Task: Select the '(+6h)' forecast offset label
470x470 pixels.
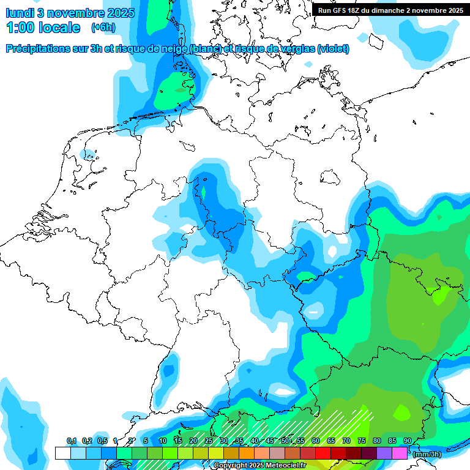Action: pyautogui.click(x=103, y=28)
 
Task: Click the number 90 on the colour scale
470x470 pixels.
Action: pyautogui.click(x=408, y=441)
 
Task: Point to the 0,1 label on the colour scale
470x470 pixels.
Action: pyautogui.click(x=71, y=441)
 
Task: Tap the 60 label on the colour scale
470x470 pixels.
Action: pyautogui.click(x=316, y=441)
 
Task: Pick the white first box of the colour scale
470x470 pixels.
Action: pyautogui.click(x=62, y=453)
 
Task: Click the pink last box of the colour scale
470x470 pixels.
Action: pyautogui.click(x=400, y=453)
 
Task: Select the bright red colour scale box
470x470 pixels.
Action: pyautogui.click(x=323, y=453)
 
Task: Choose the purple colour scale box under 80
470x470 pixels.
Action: pyautogui.click(x=384, y=453)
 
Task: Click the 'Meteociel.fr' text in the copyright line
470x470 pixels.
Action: pyautogui.click(x=286, y=466)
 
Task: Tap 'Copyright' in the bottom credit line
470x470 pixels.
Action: pyautogui.click(x=231, y=466)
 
